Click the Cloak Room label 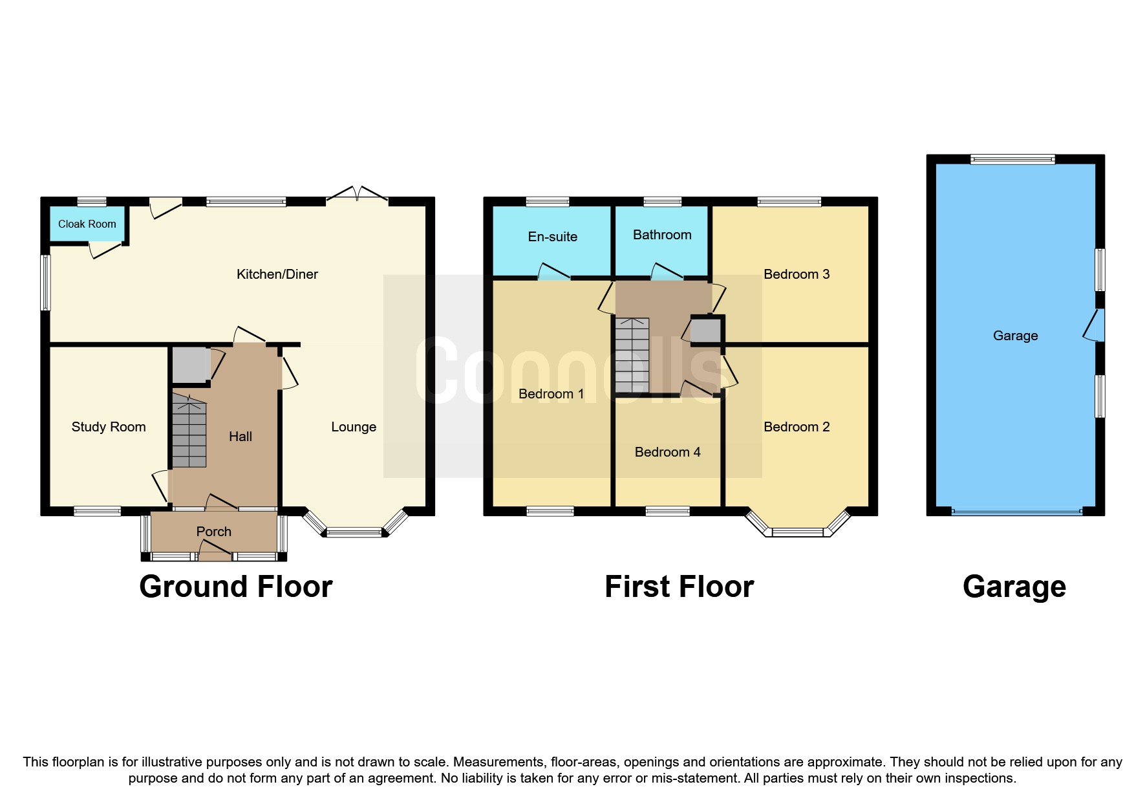(x=87, y=224)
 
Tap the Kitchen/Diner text (x=277, y=274)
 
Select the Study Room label (x=109, y=427)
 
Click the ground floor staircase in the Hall (x=189, y=432)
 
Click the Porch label (x=213, y=532)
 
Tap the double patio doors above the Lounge (x=357, y=194)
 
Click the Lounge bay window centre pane (x=354, y=533)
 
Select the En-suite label (x=552, y=237)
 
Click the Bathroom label (x=662, y=235)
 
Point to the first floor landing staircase (x=632, y=354)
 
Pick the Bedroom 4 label (x=667, y=452)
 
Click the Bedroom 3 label (x=796, y=274)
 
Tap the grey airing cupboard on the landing (x=706, y=331)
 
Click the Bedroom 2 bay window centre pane (x=798, y=533)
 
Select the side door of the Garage (x=1097, y=325)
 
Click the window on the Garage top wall (x=1012, y=159)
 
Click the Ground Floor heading (x=235, y=587)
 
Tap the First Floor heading (x=679, y=587)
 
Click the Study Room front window (x=97, y=512)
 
